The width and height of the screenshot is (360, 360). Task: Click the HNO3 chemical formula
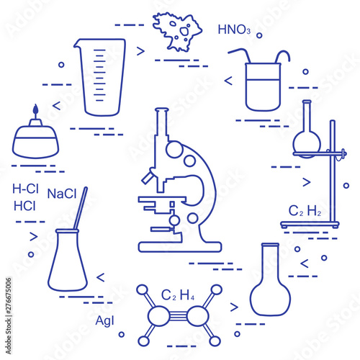[234, 30]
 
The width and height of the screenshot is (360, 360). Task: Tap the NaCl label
[62, 194]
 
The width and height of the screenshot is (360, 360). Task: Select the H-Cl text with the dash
[25, 189]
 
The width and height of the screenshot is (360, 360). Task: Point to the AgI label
[104, 321]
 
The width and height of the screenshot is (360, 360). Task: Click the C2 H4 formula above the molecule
[178, 295]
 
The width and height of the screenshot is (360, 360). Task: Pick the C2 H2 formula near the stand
[305, 211]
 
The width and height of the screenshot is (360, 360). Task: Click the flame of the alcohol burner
[35, 109]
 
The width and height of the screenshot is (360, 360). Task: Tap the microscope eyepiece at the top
[162, 110]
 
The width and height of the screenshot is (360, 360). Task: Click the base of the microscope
[180, 247]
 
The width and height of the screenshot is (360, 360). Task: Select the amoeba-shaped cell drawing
[177, 32]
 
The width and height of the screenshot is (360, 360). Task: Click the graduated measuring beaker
[100, 77]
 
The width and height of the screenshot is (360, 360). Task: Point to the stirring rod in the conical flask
[81, 208]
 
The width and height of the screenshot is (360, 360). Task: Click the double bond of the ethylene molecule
[179, 316]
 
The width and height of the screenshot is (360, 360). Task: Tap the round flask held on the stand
[307, 142]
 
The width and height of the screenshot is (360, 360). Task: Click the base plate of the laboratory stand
[310, 225]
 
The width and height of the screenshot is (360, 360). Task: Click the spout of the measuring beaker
[77, 44]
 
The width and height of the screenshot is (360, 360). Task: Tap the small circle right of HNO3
[259, 35]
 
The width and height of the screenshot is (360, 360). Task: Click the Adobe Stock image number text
[9, 316]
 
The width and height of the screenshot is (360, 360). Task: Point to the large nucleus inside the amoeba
[184, 31]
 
